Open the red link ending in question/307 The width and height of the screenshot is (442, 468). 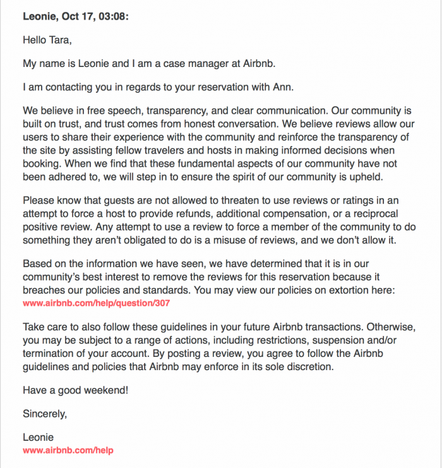[x=96, y=303]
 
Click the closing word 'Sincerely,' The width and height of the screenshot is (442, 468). [x=44, y=414]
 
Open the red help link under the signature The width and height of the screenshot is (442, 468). [x=68, y=450]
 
